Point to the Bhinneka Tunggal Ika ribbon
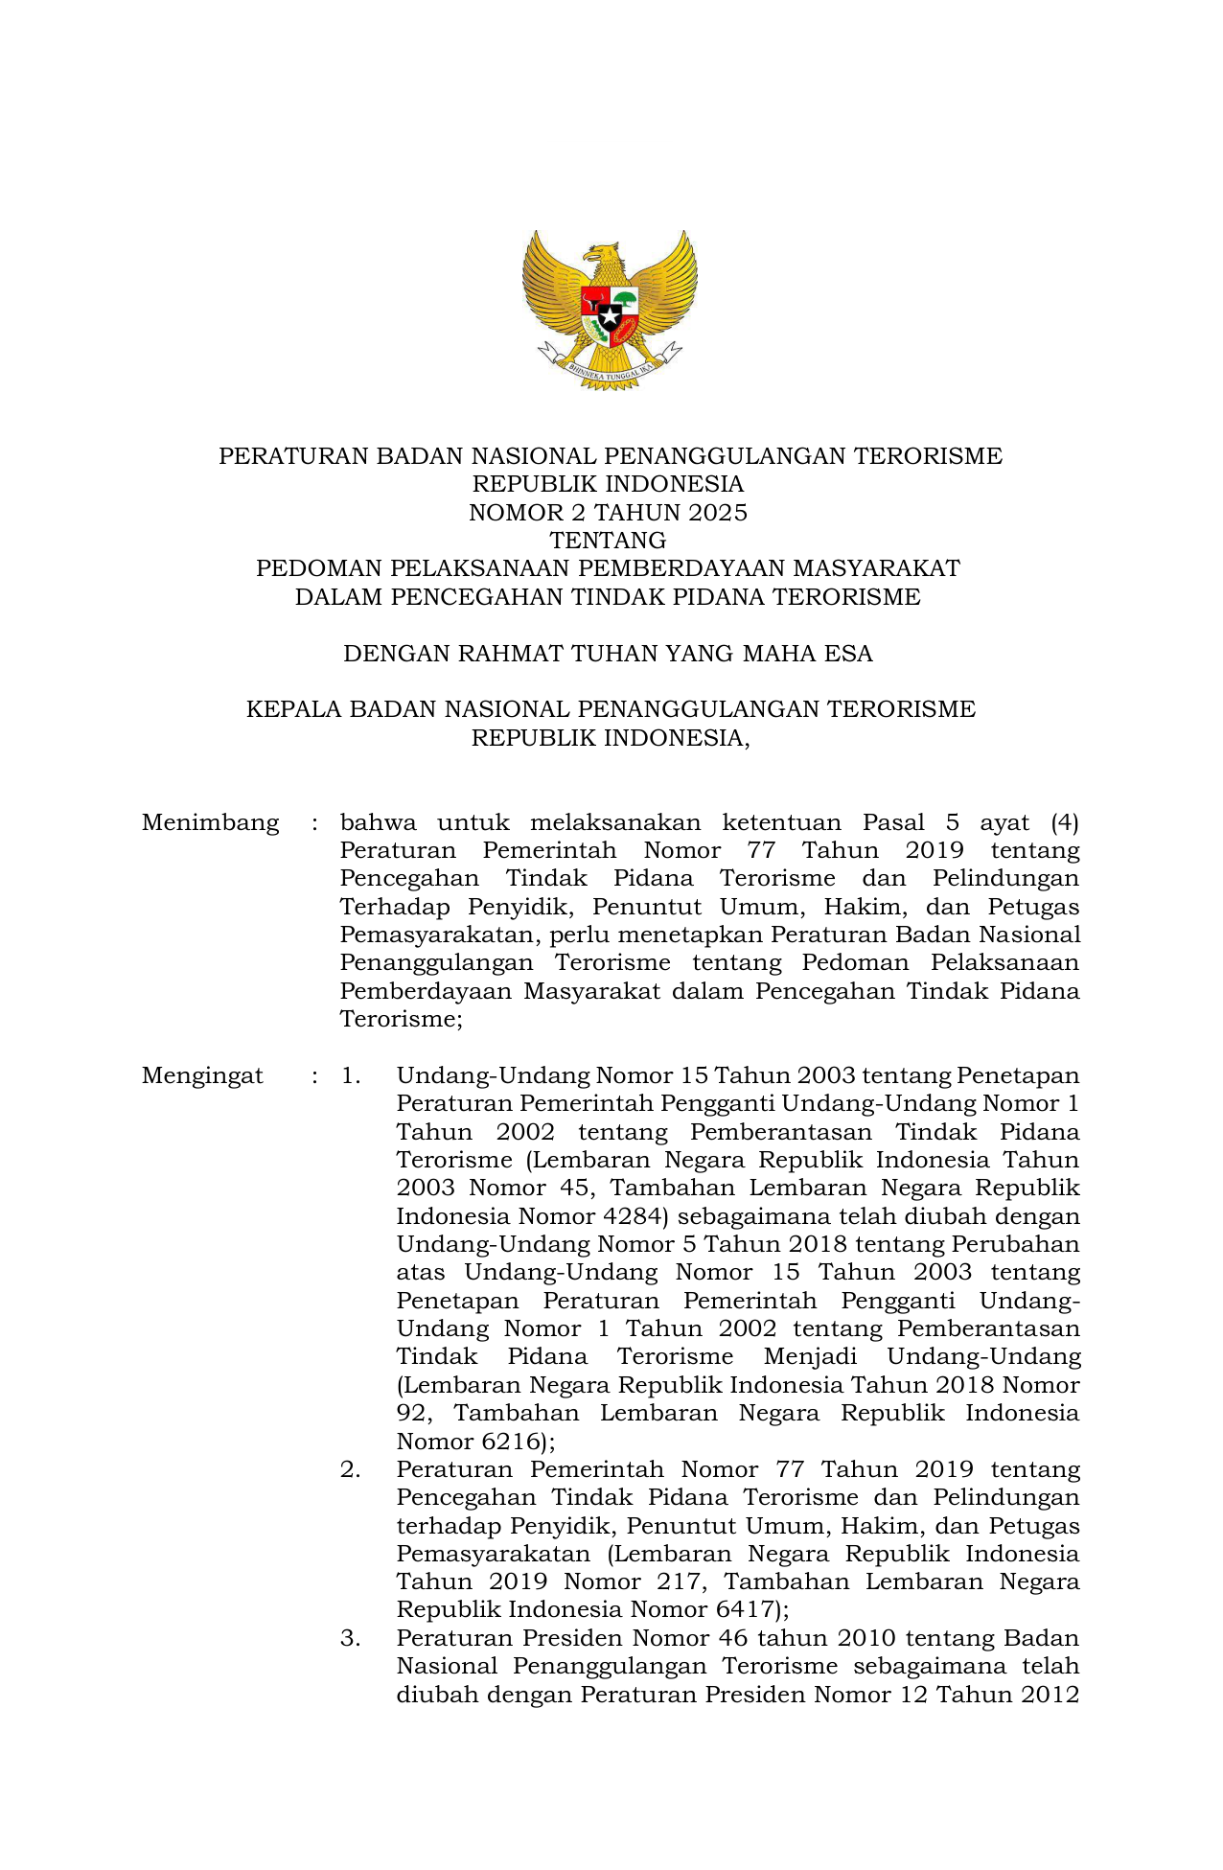pyautogui.click(x=610, y=369)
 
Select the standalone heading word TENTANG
pyautogui.click(x=608, y=541)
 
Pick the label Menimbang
pyautogui.click(x=210, y=822)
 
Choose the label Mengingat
pyautogui.click(x=202, y=1075)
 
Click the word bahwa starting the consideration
pyautogui.click(x=378, y=822)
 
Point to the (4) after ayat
pyautogui.click(x=1064, y=822)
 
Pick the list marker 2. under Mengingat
pyautogui.click(x=351, y=1469)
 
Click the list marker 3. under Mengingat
pyautogui.click(x=351, y=1638)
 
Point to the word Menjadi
pyautogui.click(x=810, y=1357)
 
